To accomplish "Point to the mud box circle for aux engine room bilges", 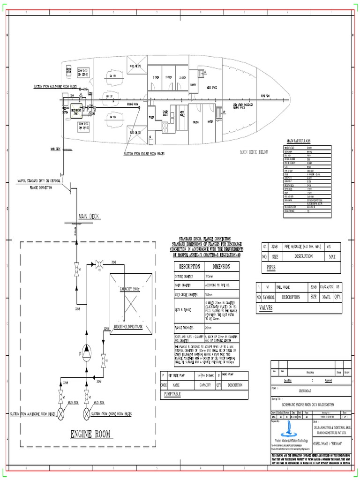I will [x=60, y=414].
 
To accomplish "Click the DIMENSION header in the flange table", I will [x=220, y=266].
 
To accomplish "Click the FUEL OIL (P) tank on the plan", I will [x=136, y=66].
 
